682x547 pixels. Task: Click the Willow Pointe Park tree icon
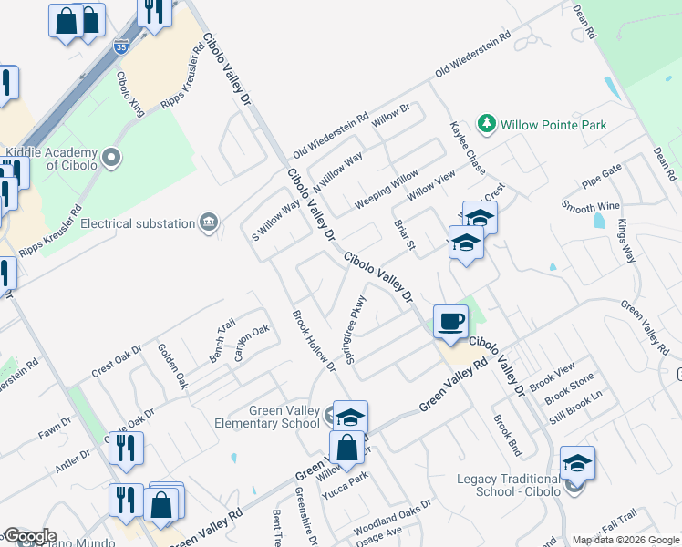487,124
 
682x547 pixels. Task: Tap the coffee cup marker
450,321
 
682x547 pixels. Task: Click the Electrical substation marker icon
209,223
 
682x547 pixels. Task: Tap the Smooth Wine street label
591,208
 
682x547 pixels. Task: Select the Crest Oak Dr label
117,362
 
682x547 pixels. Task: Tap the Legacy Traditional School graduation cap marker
577,463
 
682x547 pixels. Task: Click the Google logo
29,536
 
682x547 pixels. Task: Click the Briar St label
404,233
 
